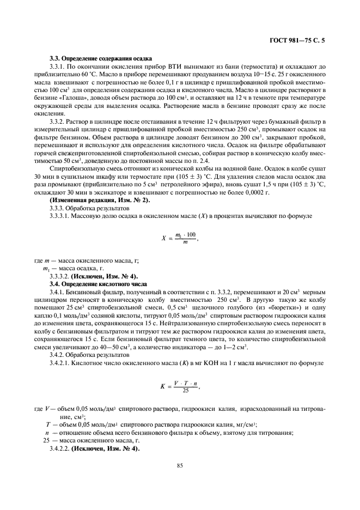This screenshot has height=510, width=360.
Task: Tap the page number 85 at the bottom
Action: point(179,465)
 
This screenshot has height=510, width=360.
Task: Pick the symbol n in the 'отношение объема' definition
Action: point(47,433)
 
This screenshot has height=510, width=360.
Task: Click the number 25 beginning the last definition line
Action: point(47,440)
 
